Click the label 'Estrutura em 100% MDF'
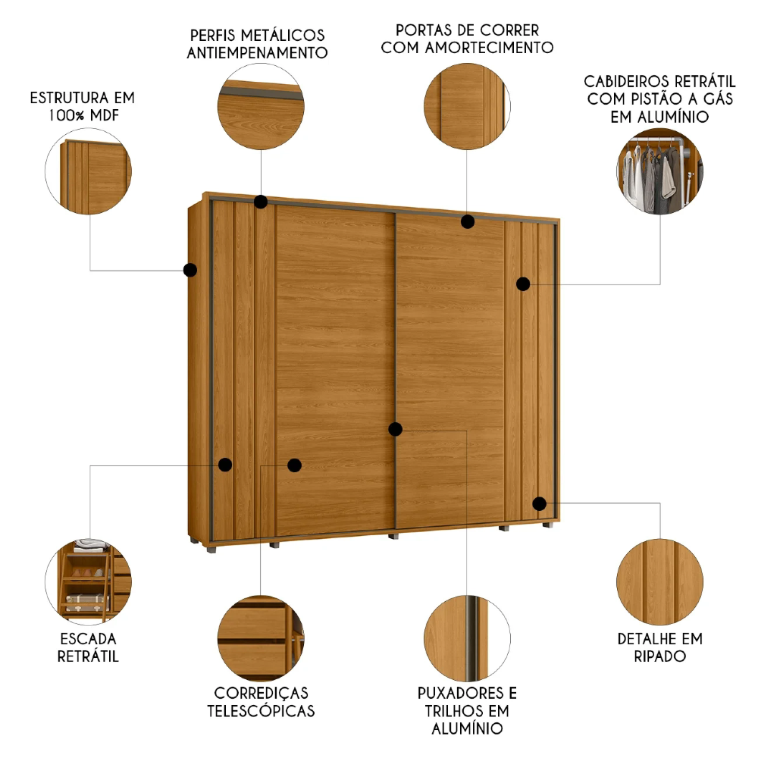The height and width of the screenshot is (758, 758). click(x=82, y=106)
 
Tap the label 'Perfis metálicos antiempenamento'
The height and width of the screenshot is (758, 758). click(x=257, y=44)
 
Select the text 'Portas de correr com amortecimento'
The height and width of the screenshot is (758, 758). click(x=467, y=39)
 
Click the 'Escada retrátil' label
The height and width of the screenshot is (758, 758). click(x=88, y=647)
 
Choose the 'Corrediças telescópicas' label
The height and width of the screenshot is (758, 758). click(x=262, y=702)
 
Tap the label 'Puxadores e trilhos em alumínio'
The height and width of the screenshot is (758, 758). click(x=467, y=711)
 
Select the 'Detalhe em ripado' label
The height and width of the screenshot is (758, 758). click(x=659, y=647)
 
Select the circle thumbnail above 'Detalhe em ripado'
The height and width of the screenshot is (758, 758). click(x=659, y=581)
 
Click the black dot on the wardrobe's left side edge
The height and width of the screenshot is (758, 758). click(x=190, y=269)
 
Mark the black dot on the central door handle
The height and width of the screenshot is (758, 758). click(x=395, y=429)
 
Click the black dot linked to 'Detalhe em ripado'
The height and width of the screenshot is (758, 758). click(x=540, y=503)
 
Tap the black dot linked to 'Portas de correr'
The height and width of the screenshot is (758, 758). click(x=468, y=221)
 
